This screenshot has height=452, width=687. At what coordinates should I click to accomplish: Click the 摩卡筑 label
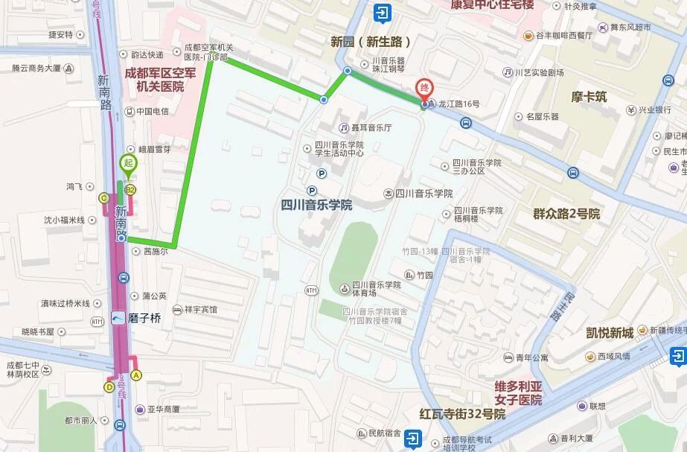[x=589, y=97]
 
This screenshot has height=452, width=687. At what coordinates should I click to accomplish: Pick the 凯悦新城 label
[x=609, y=332]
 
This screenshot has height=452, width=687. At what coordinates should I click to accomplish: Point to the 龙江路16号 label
[x=454, y=104]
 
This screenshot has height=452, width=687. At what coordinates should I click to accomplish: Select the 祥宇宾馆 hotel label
[x=200, y=310]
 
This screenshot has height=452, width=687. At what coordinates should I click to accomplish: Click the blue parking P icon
[x=322, y=174]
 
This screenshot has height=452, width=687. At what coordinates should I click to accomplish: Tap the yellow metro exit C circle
[x=103, y=197]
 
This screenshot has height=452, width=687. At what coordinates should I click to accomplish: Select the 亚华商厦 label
[x=163, y=409]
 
